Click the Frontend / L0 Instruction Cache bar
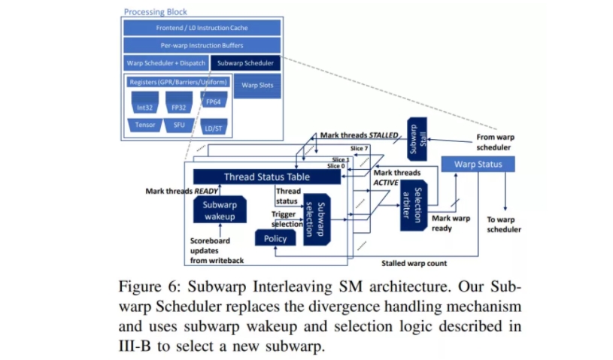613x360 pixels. click(202, 28)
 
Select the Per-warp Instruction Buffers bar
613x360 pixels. click(202, 45)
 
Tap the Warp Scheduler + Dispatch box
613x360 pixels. click(165, 63)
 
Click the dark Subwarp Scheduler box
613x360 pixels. click(245, 63)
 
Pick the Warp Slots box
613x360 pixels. click(257, 85)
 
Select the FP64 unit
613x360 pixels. click(213, 101)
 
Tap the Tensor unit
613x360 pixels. click(145, 125)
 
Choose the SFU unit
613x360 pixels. click(179, 125)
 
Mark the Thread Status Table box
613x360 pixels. click(266, 177)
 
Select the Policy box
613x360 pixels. click(275, 238)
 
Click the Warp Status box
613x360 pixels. click(477, 163)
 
